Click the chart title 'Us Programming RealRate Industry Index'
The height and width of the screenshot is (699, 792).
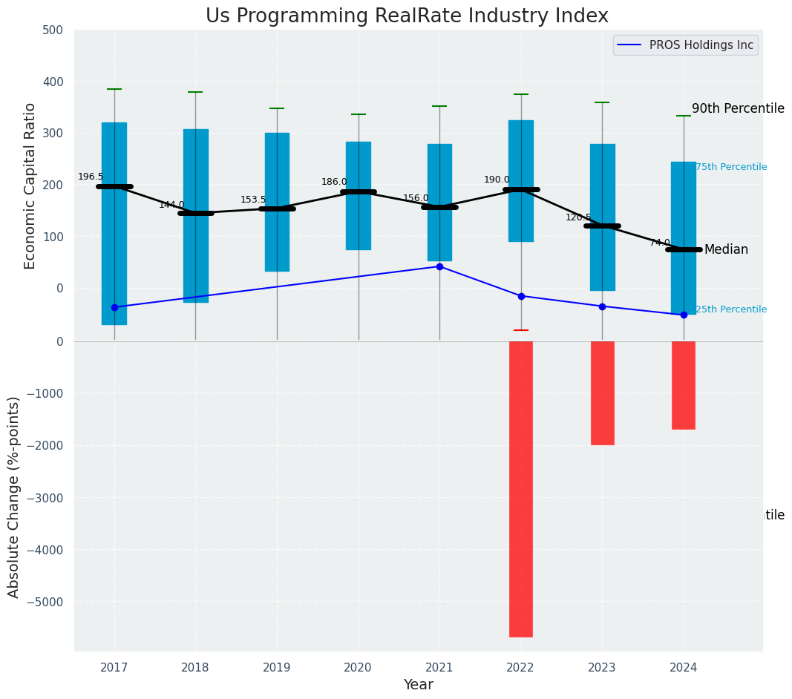tap(407, 16)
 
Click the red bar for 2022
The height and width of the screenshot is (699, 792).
tap(521, 488)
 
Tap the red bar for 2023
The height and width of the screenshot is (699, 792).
tap(602, 393)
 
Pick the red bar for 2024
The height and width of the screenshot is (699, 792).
tap(684, 384)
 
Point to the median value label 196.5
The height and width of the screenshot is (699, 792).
tap(91, 177)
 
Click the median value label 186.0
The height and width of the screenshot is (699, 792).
tap(334, 182)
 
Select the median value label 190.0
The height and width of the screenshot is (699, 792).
tap(497, 180)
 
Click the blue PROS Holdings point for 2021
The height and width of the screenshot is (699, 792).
tap(439, 266)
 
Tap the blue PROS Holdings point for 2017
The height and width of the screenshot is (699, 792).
tap(114, 307)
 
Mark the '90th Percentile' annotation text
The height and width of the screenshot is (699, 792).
tap(738, 108)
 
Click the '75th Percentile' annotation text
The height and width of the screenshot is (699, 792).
tap(731, 167)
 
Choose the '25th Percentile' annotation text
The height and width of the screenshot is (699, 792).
tap(731, 309)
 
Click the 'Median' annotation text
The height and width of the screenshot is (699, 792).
tap(726, 249)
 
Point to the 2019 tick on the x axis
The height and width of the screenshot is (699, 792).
tap(277, 667)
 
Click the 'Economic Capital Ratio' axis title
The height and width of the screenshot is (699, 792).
tap(30, 186)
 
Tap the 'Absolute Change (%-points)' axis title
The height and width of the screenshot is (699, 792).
tap(14, 496)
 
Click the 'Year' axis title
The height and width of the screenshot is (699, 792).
tap(418, 685)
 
